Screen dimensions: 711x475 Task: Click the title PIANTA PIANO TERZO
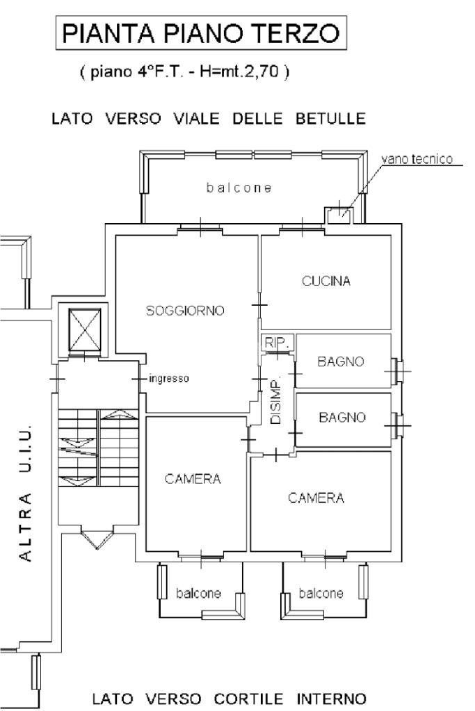[x=202, y=35]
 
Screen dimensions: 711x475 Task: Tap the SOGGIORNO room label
[x=185, y=311]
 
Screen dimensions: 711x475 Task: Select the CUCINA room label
[x=326, y=281]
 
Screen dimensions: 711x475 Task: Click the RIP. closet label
[x=269, y=342]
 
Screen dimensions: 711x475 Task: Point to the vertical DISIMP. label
[x=275, y=403]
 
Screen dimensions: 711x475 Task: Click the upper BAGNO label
[x=341, y=362]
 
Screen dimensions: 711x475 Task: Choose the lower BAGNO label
[x=342, y=418]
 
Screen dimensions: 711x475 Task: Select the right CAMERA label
[x=316, y=498]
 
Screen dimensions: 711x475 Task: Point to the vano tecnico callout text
[x=416, y=160]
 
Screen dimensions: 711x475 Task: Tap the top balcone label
[x=239, y=188]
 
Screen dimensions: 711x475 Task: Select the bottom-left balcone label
[x=198, y=594]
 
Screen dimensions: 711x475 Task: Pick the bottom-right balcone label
[x=321, y=594]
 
